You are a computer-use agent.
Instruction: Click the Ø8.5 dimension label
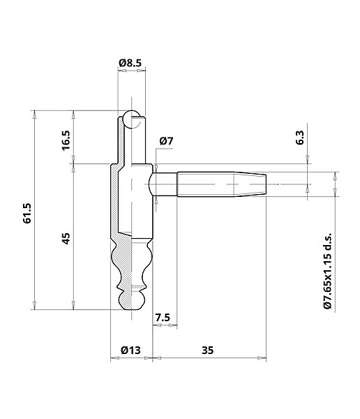[130, 63]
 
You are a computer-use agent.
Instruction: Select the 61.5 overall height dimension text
[27, 213]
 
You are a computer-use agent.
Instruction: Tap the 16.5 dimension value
[66, 140]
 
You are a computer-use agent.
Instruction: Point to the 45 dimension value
[66, 238]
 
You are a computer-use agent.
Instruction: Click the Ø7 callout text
[166, 141]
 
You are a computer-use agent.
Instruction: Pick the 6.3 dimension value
[300, 138]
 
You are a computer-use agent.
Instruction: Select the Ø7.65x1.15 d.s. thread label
[328, 270]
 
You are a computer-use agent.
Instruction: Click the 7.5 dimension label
[163, 318]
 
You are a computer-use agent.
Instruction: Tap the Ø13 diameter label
[130, 350]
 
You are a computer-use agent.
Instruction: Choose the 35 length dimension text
[207, 350]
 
